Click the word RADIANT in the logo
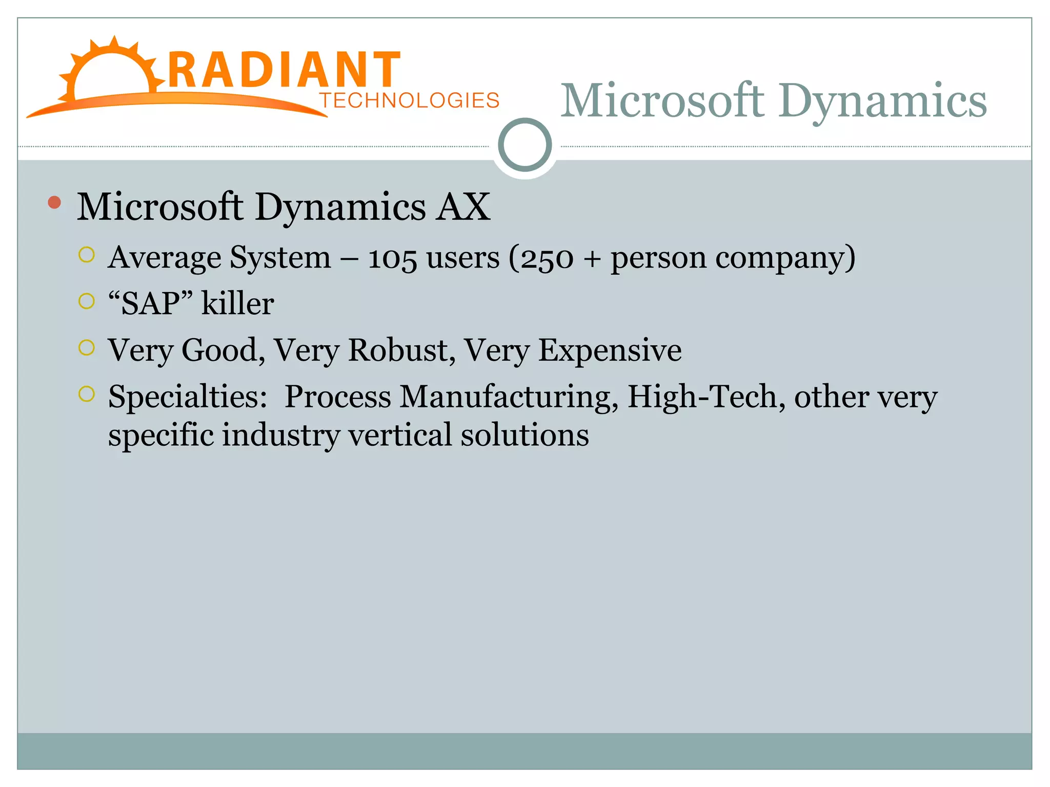284,70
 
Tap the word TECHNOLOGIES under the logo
409,100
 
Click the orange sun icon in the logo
110,72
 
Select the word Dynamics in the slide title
882,101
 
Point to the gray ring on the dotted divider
524,145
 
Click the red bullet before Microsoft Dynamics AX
54,203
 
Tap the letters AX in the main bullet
463,207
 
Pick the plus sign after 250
592,259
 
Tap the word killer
237,304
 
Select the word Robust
401,350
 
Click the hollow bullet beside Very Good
87,348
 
